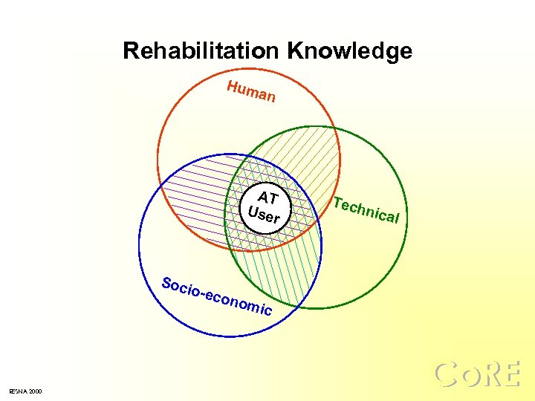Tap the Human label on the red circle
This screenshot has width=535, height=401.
coord(252,91)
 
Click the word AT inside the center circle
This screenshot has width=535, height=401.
coord(267,198)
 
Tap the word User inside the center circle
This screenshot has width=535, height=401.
coord(264,216)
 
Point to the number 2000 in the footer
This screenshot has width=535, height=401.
coord(36,391)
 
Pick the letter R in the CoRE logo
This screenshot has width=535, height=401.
coord(490,374)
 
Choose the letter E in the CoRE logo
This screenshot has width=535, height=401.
coord(510,374)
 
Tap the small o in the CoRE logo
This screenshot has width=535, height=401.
coord(469,377)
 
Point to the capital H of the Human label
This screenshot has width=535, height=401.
coord(233,86)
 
